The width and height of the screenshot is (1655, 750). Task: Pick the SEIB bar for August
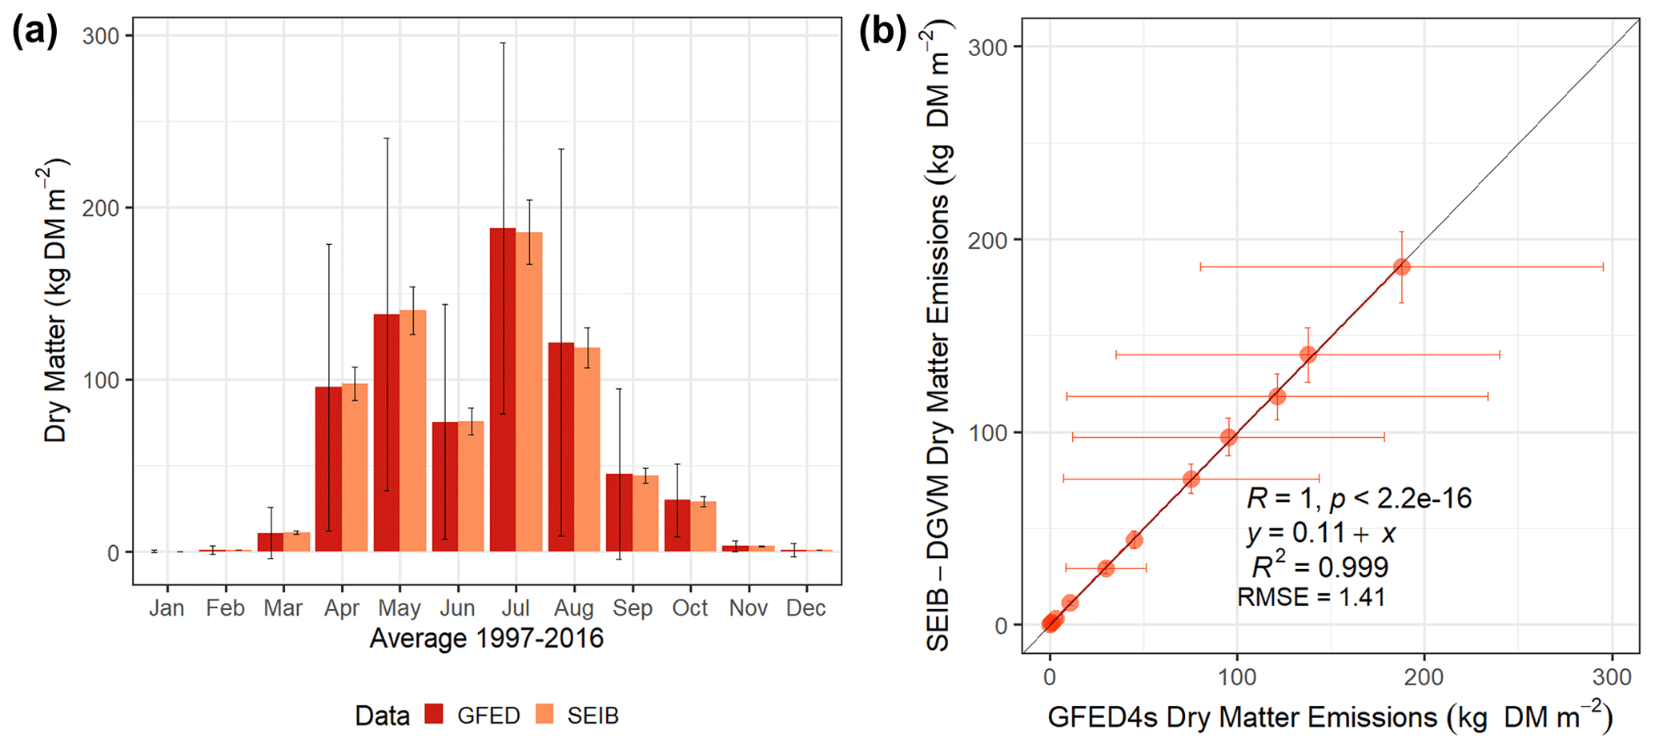(x=587, y=449)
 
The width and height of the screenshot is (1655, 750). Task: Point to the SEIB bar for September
(x=645, y=513)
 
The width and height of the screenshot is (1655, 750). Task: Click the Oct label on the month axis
(x=690, y=608)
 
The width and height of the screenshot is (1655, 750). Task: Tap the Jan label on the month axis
(x=167, y=608)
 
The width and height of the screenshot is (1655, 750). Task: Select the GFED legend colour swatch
(x=434, y=715)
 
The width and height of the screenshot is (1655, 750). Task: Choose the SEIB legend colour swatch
(x=544, y=715)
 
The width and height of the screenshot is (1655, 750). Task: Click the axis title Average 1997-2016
(x=486, y=639)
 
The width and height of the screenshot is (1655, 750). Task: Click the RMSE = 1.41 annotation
(x=1311, y=597)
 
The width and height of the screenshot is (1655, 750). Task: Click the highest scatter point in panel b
(x=1401, y=267)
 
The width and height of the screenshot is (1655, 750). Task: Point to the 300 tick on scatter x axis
(x=1612, y=678)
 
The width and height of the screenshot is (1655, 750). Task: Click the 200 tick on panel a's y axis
(x=101, y=208)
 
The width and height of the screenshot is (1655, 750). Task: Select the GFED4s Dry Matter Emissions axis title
(x=1329, y=716)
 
